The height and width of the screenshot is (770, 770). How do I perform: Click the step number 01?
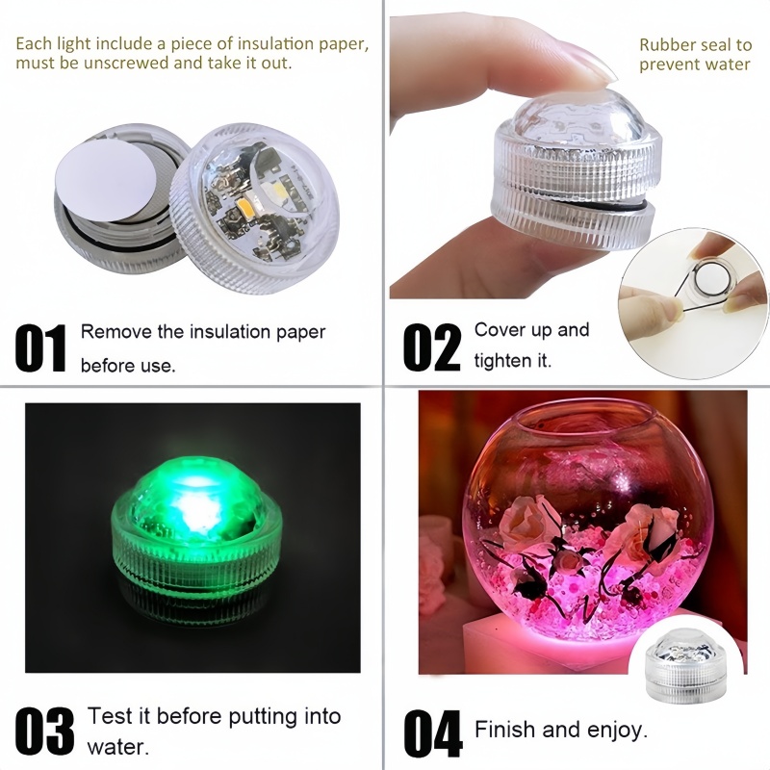click(40, 348)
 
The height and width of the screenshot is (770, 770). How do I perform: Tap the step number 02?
click(431, 348)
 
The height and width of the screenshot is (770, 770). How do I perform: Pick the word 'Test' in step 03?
click(107, 716)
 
